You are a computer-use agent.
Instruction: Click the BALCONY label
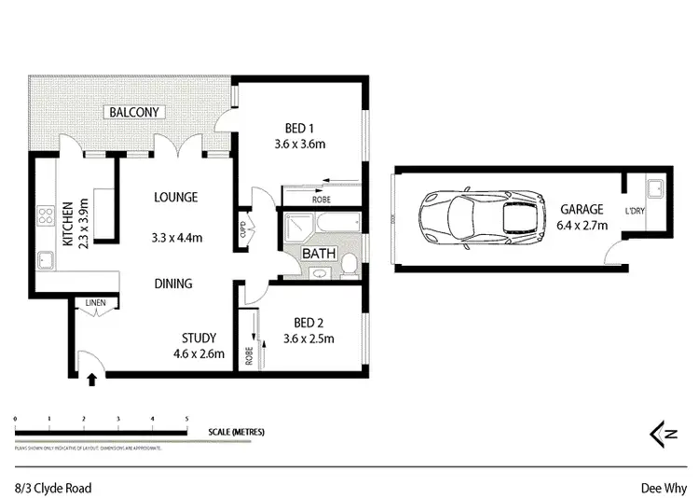click(x=136, y=113)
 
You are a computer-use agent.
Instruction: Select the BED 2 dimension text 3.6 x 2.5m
click(x=308, y=339)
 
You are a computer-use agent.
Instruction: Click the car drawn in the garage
click(x=481, y=219)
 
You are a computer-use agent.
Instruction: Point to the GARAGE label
click(x=582, y=210)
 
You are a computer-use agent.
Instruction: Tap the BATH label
click(x=321, y=253)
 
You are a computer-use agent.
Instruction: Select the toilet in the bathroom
click(x=349, y=265)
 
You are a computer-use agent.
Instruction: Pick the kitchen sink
click(x=45, y=257)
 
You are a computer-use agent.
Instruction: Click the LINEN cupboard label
click(x=95, y=303)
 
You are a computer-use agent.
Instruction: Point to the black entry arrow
click(x=91, y=379)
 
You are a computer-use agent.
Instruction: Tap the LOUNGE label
click(x=175, y=198)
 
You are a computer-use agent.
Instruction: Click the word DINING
click(x=173, y=284)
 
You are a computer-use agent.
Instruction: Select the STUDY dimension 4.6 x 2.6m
click(x=199, y=353)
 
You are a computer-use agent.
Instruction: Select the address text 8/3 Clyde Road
click(x=53, y=487)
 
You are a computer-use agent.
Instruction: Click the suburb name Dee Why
click(x=664, y=487)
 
